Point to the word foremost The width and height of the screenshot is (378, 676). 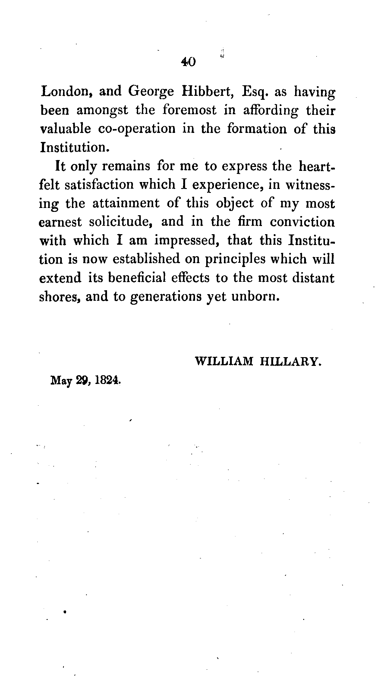point(189,110)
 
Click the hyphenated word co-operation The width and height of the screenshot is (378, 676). point(137,129)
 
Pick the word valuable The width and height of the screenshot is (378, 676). point(65,129)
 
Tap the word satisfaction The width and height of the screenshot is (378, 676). point(99,184)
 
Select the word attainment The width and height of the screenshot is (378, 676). point(126,203)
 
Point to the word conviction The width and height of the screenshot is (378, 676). point(302,222)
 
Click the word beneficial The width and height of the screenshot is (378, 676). point(137,278)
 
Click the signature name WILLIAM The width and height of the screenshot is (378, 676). point(224,361)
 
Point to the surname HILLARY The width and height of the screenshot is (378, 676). point(289,361)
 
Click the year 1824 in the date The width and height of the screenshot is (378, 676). point(107,381)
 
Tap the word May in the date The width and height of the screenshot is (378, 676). point(61,381)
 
